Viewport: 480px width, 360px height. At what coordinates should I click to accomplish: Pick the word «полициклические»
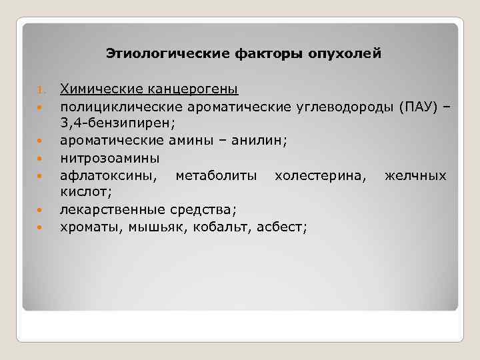109,106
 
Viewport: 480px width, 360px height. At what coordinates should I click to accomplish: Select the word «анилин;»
264,141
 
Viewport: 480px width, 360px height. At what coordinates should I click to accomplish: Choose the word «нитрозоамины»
109,158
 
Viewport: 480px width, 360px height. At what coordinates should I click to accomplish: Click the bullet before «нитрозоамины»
40,159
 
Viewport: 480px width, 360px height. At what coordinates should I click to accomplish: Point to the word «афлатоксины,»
110,175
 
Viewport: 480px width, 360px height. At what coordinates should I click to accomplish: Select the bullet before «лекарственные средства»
40,211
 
